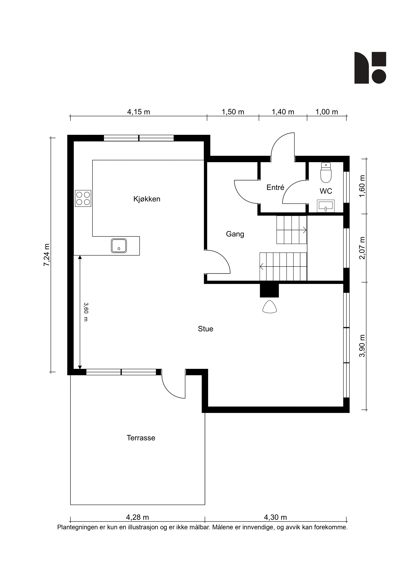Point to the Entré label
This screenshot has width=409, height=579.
tap(275, 187)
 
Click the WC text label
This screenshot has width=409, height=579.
tap(326, 191)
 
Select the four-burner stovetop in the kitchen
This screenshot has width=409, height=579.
tap(83, 198)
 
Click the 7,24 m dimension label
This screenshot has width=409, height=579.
tap(47, 255)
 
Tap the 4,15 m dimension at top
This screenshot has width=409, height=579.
tap(138, 112)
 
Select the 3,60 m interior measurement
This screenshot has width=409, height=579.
tap(86, 312)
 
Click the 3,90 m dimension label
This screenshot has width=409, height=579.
tap(362, 346)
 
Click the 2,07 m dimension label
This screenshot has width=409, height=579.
tap(362, 248)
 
